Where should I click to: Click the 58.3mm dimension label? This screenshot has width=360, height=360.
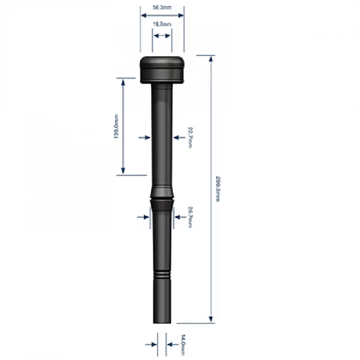pyautogui.click(x=162, y=7)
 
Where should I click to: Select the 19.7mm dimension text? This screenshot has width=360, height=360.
pyautogui.click(x=162, y=24)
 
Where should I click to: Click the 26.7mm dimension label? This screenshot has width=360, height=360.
pyautogui.click(x=189, y=217)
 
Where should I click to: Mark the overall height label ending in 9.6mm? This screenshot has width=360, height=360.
pyautogui.click(x=217, y=189)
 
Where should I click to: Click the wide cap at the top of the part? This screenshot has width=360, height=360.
pyautogui.click(x=162, y=69)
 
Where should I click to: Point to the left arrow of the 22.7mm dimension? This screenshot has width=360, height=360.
pyautogui.click(x=145, y=137)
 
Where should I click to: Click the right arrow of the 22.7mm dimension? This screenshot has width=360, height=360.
pyautogui.click(x=177, y=137)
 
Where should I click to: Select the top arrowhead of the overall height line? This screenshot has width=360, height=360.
pyautogui.click(x=210, y=60)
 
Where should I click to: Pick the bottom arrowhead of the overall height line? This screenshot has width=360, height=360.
pyautogui.click(x=210, y=320)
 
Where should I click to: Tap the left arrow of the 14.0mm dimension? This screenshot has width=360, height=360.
pyautogui.click(x=151, y=342)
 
